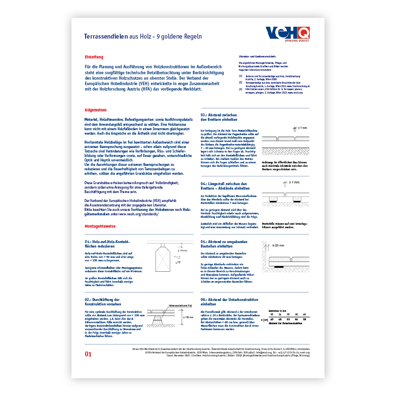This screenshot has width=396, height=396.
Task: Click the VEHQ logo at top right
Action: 288,34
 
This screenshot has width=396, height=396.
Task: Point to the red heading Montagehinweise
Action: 100,225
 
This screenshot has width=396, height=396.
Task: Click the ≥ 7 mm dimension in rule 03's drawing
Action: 301,128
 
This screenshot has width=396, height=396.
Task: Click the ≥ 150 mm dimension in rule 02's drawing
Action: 188,317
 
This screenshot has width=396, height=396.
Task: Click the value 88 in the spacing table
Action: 304,320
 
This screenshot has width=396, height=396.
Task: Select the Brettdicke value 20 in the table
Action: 271,314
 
